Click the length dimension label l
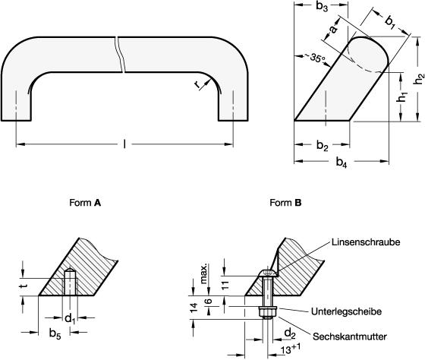click(x=124, y=144)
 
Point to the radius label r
click(x=197, y=84)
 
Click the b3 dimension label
click(x=322, y=7)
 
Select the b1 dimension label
click(x=390, y=22)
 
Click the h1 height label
click(x=403, y=97)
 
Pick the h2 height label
click(x=419, y=78)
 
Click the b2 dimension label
click(x=323, y=146)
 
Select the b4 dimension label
click(x=342, y=163)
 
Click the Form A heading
click(x=85, y=203)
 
